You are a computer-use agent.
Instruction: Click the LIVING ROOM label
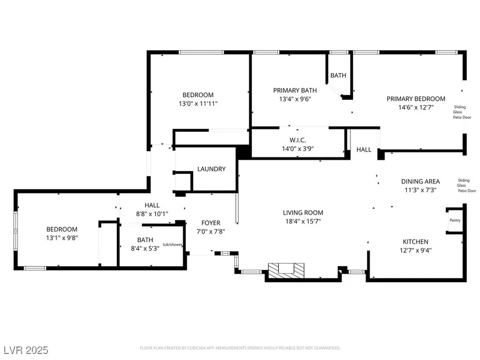pyautogui.click(x=303, y=212)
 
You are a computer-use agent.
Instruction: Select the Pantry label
pyautogui.click(x=454, y=220)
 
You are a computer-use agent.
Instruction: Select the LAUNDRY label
pyautogui.click(x=211, y=169)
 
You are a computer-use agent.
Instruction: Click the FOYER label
pyautogui.click(x=210, y=223)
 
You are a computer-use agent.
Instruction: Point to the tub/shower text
pyautogui.click(x=173, y=245)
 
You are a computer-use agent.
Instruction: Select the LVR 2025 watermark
pyautogui.click(x=25, y=350)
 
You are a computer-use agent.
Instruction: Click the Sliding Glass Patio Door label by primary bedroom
pyautogui.click(x=462, y=112)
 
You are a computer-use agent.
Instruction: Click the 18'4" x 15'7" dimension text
pyautogui.click(x=303, y=221)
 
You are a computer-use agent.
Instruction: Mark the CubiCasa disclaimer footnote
pyautogui.click(x=240, y=348)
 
